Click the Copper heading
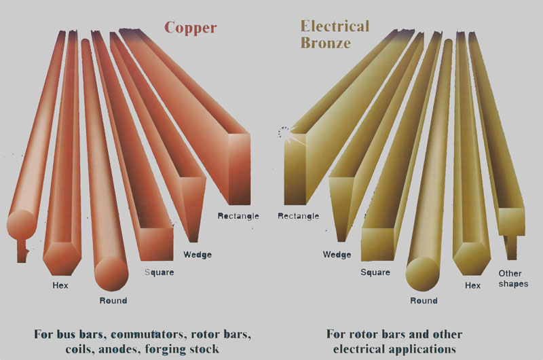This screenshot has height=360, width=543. [x=191, y=28]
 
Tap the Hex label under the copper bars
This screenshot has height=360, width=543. [x=60, y=285]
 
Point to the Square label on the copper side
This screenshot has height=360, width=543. [x=160, y=272]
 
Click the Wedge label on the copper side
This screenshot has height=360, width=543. [x=198, y=255]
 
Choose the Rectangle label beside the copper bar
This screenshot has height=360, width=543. [x=238, y=217]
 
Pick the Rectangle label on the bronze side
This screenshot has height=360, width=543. [x=299, y=217]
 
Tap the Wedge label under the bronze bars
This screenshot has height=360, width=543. [x=337, y=255]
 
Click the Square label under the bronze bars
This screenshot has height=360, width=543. [x=375, y=272]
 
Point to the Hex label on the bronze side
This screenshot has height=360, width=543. [x=472, y=286]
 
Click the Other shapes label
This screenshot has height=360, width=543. [x=512, y=278]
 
